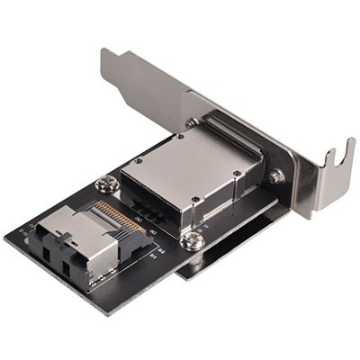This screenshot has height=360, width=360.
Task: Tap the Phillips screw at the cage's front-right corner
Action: [x=192, y=240]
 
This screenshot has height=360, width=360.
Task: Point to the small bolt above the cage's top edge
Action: [x=193, y=122]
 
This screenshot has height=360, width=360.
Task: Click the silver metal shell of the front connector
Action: [x=90, y=239]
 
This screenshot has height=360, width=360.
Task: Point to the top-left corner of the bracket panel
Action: [x=101, y=54]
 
